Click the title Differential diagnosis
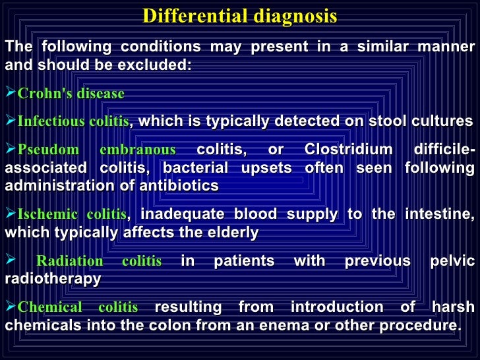coord(239,16)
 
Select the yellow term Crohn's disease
coord(71,94)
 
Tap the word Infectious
coord(44,122)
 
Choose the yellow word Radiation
coord(70,262)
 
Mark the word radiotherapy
coord(53,279)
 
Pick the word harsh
coord(453,307)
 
